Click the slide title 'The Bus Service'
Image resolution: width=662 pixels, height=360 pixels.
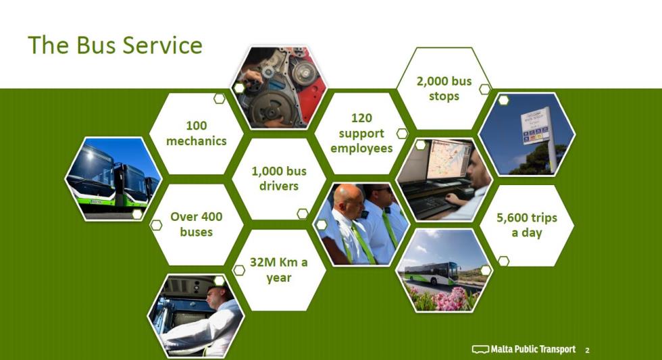pyautogui.click(x=115, y=45)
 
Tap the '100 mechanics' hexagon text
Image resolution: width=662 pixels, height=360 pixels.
pyautogui.click(x=197, y=133)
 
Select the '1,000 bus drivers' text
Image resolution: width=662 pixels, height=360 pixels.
pyautogui.click(x=279, y=178)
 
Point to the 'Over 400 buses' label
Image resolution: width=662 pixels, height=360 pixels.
pyautogui.click(x=197, y=224)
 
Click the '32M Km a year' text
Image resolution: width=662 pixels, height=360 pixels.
pyautogui.click(x=278, y=269)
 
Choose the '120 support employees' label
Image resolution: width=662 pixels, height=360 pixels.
pyautogui.click(x=361, y=133)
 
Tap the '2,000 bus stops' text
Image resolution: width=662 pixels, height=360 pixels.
pyautogui.click(x=444, y=88)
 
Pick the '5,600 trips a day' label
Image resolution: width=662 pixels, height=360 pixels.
pyautogui.click(x=527, y=225)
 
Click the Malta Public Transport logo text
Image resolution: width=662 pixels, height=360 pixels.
pyautogui.click(x=533, y=349)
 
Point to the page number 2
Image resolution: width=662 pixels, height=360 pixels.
pyautogui.click(x=587, y=350)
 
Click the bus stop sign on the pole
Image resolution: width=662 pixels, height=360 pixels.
pyautogui.click(x=536, y=126)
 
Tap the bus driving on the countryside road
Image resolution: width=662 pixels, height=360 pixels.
pyautogui.click(x=431, y=273)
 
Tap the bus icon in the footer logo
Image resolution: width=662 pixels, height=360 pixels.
pyautogui.click(x=480, y=349)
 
